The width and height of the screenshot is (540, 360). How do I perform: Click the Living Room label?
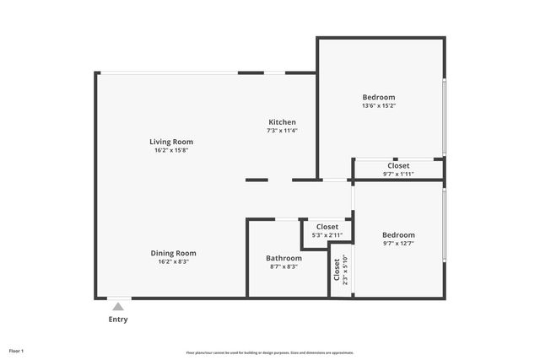pos(171,142)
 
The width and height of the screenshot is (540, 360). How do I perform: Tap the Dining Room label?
pos(173,253)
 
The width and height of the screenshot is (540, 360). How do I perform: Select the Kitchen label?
pos(282,122)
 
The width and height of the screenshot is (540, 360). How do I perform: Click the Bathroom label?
pos(283,258)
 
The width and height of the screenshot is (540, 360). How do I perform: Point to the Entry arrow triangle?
pos(118,307)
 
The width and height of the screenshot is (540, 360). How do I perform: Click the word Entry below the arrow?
pos(118,320)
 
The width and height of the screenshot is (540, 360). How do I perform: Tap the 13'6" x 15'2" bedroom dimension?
pos(378,106)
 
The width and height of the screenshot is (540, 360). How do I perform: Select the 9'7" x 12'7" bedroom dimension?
pos(398,244)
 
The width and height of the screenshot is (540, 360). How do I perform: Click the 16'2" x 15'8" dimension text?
pos(171,151)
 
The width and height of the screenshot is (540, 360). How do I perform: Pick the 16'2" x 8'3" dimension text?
pos(173,262)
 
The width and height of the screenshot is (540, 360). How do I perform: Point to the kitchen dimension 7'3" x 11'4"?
pos(282,131)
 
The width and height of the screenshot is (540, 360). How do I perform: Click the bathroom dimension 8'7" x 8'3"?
pos(283,266)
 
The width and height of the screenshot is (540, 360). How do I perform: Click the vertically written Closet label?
pos(337,270)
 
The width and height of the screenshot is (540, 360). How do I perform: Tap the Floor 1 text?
pos(16,350)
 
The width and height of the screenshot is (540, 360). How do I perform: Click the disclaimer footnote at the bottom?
pos(270,352)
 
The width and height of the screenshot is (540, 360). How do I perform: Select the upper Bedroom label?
pos(378,97)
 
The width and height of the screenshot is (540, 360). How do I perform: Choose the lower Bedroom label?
pos(398,234)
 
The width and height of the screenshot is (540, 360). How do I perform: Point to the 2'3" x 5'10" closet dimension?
pos(345,270)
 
